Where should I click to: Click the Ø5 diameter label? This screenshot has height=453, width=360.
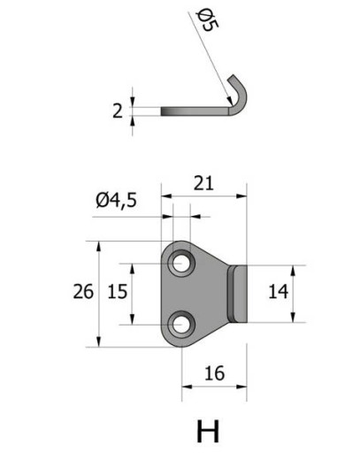pos(208,19)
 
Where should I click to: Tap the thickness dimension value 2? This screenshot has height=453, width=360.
pos(118,111)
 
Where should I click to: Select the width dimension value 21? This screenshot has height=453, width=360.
pos(203,183)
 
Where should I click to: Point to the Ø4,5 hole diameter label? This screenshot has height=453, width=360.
pos(117,200)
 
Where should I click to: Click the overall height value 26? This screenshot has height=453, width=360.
pos(83,291)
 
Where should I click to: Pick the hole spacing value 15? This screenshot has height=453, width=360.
pos(118,291)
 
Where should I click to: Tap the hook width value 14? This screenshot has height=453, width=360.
pos(278,291)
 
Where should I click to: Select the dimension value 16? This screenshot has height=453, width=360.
pos(214,373)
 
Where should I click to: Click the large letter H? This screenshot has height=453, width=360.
pos(208,431)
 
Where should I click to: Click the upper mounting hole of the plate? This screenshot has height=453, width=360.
pos(180,263)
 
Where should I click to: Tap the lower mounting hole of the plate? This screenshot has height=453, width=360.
pos(180,325)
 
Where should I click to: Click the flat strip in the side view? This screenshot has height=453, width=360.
pos(195,111)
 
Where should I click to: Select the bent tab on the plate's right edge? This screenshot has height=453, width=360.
pos(237,294)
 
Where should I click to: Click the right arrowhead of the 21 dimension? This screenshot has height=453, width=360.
pos(241,196)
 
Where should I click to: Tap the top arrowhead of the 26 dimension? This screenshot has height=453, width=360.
pos(99,246)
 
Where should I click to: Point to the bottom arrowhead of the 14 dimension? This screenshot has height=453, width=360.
pos(293,318)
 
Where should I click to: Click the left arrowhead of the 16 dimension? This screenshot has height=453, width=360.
pos(187,387)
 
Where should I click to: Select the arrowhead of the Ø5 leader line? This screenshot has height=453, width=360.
pos(229,101)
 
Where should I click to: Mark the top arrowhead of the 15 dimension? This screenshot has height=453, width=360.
pos(133,268)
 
